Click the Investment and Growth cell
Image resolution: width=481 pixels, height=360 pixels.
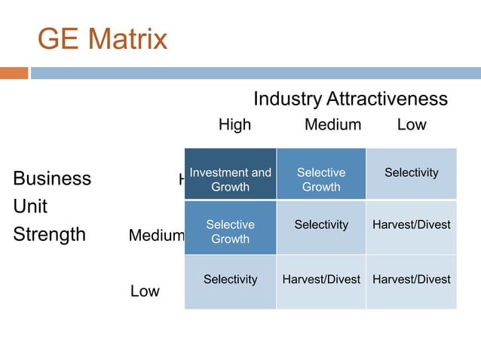point(230,174)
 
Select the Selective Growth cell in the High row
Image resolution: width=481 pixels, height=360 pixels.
point(321,174)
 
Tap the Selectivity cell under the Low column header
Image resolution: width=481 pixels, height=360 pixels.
point(411,174)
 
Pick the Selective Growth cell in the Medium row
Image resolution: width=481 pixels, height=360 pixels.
point(230,227)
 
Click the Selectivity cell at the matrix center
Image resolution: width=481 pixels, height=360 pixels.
point(321,227)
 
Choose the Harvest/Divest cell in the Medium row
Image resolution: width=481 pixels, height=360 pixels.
point(411,227)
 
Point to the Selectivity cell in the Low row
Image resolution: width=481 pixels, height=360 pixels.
point(230,282)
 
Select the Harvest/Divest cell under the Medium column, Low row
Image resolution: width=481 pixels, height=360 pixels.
point(321,282)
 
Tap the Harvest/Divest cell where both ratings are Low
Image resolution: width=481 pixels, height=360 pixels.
point(411,282)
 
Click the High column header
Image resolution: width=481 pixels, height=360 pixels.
point(234,125)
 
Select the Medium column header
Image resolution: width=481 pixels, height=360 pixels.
point(332,125)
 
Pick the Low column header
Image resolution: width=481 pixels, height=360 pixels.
point(412,125)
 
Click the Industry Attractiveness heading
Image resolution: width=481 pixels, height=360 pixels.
point(350,99)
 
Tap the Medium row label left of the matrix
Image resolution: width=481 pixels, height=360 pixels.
point(156,236)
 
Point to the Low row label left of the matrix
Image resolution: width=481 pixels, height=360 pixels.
point(145,291)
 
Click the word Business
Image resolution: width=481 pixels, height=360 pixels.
point(52,178)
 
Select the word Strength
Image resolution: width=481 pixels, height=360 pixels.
point(49,234)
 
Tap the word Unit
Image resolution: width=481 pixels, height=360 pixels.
point(30,206)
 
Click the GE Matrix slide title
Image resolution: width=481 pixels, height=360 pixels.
point(103,39)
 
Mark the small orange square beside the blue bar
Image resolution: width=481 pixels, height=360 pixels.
point(14,73)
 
